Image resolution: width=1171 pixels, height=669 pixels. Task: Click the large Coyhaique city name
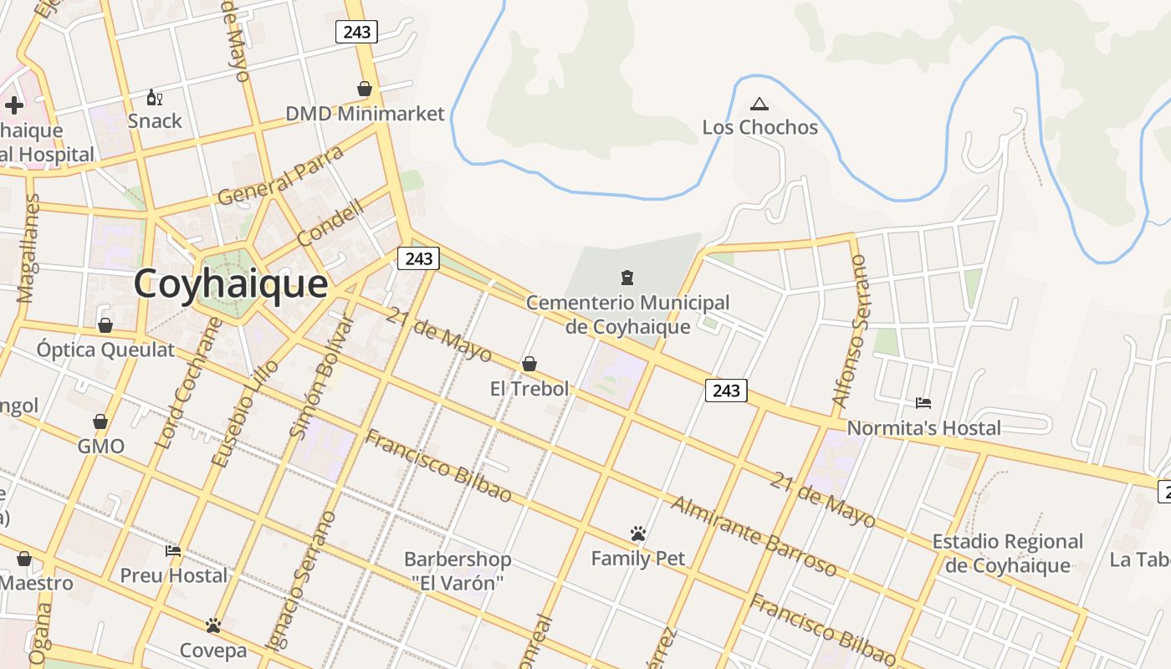231,284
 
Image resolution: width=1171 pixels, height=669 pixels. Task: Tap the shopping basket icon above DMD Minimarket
365,89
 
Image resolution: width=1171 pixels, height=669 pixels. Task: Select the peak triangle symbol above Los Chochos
759,105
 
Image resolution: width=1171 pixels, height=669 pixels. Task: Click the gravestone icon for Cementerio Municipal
626,278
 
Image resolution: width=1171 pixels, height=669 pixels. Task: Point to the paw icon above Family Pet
638,534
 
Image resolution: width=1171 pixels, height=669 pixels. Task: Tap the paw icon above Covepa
213,626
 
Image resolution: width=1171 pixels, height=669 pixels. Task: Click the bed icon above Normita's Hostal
923,403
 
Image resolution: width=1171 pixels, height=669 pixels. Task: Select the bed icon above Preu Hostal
173,551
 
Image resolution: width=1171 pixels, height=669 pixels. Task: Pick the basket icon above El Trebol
529,364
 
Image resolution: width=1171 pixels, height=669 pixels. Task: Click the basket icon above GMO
100,421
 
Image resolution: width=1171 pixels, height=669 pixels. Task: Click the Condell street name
330,222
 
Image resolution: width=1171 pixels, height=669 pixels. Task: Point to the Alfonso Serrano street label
851,333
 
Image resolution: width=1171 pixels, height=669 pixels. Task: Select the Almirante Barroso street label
753,536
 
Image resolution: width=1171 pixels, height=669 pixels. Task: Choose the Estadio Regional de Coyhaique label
1007,554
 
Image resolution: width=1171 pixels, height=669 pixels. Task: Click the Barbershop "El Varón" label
457,570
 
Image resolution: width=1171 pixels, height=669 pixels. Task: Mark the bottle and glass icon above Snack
154,98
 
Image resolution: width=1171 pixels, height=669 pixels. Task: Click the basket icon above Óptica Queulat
105,325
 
